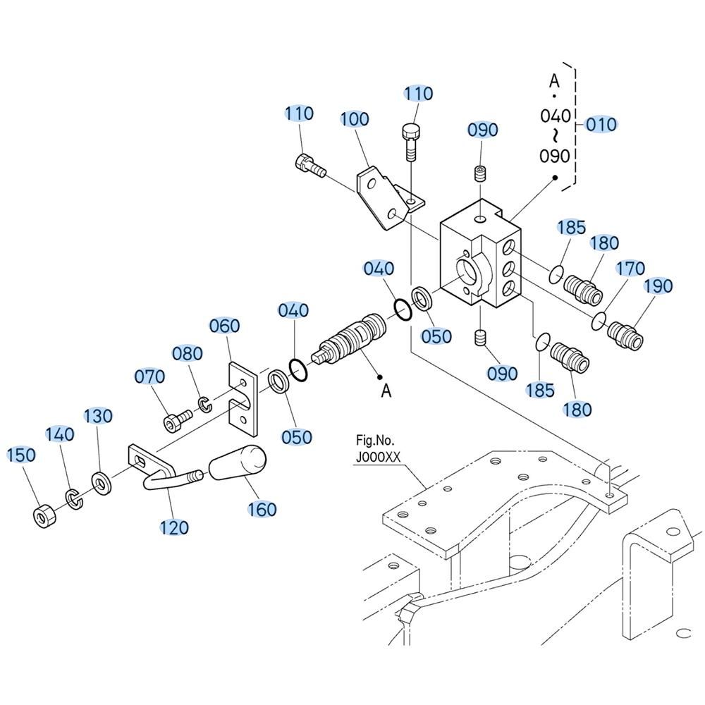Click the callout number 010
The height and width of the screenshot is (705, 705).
click(x=601, y=125)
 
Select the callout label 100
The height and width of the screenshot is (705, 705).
click(x=355, y=119)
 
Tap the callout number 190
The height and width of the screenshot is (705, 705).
click(x=658, y=286)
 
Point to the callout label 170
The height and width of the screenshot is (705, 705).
click(x=630, y=269)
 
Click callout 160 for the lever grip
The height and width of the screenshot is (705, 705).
click(x=262, y=508)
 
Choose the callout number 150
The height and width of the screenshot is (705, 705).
click(x=21, y=455)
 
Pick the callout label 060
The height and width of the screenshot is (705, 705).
click(x=225, y=326)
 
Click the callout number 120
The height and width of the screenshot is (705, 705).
click(x=174, y=527)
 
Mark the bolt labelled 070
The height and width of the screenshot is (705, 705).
click(x=176, y=422)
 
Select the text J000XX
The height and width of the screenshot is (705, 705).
click(x=378, y=456)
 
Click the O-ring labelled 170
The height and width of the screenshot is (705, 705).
click(x=599, y=319)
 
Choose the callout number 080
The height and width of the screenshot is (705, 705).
click(x=188, y=354)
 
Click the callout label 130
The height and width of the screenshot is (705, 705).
click(x=98, y=417)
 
